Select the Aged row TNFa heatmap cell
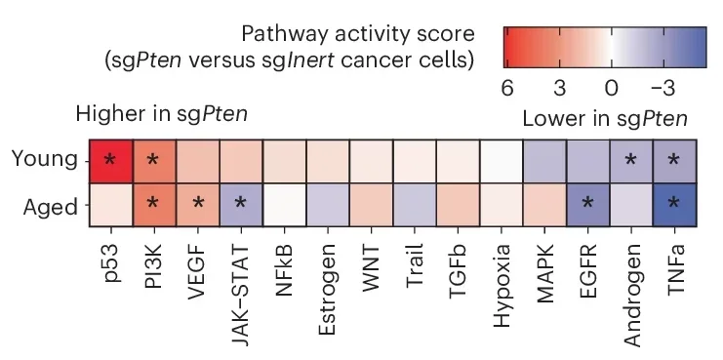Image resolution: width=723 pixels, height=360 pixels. click(x=673, y=204)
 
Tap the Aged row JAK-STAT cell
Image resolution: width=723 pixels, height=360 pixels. click(x=240, y=204)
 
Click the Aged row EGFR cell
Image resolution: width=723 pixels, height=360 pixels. click(x=586, y=204)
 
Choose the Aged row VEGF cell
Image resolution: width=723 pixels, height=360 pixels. click(x=197, y=204)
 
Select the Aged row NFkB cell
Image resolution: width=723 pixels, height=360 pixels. click(x=284, y=204)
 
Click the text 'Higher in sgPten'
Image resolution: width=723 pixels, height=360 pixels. click(x=161, y=115)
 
